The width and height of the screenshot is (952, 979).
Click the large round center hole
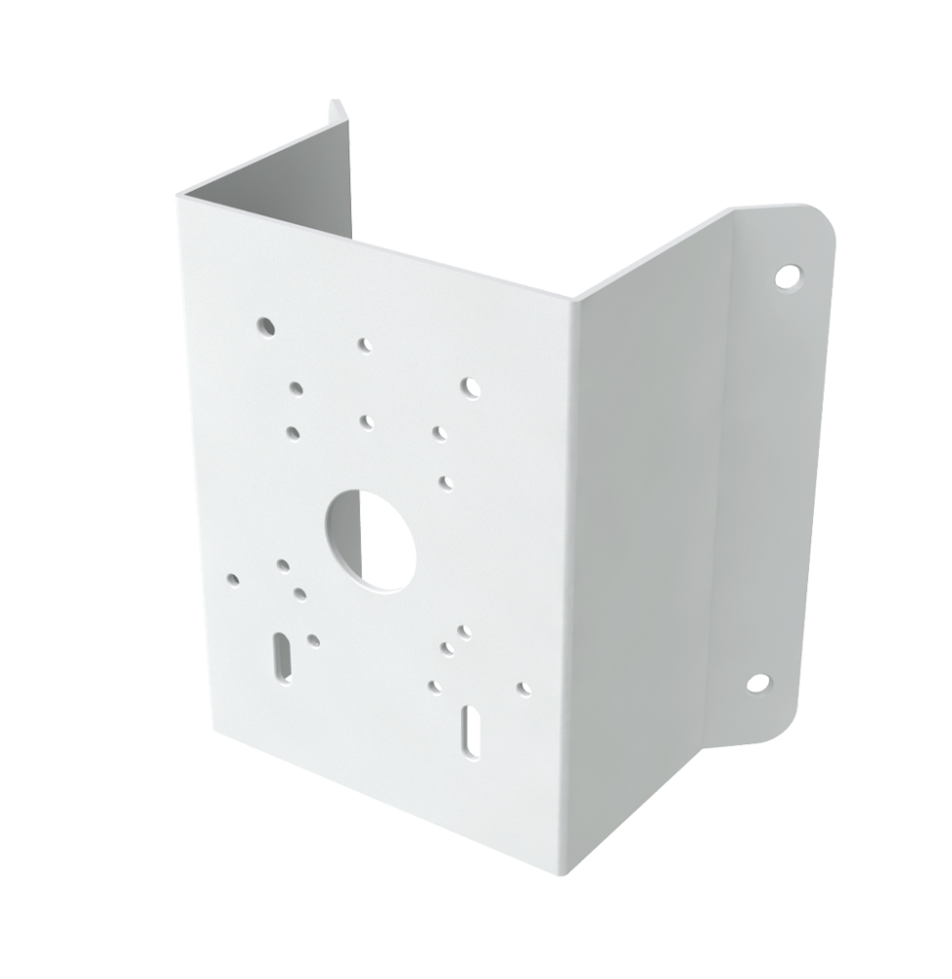(370, 539)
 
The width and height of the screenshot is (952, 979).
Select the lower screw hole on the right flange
(757, 683)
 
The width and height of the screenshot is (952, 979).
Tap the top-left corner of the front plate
(178, 194)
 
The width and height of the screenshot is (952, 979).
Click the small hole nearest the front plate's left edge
(233, 579)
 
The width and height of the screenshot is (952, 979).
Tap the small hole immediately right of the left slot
(313, 640)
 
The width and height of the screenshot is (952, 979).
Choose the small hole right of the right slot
(522, 687)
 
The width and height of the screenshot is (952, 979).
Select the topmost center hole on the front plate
(364, 345)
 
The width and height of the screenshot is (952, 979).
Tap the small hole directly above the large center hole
(366, 421)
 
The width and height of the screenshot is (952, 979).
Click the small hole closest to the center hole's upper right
(445, 481)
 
